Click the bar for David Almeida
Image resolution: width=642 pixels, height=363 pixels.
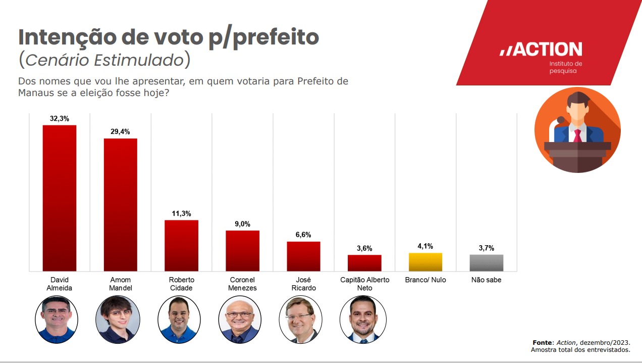point(59,198)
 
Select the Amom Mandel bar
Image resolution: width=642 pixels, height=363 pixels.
point(120,204)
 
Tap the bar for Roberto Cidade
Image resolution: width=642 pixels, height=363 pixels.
point(181,245)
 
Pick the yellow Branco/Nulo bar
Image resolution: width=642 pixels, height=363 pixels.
point(425,262)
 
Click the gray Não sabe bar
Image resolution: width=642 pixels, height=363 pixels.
point(487,262)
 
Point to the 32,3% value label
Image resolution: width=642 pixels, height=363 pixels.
point(60,118)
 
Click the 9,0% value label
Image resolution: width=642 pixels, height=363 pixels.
point(242,224)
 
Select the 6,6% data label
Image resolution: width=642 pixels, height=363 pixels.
point(303,235)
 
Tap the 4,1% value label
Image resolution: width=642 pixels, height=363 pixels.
point(425,246)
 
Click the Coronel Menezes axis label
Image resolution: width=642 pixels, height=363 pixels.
point(242,284)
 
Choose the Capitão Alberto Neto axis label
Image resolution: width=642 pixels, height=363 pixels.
point(364,284)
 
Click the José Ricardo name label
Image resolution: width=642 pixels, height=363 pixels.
point(303,284)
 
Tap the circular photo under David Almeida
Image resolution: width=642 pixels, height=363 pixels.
point(57,320)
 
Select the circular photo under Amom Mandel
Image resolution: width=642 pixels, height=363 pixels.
point(118,320)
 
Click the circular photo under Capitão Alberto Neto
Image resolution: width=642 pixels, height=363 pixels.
point(363,320)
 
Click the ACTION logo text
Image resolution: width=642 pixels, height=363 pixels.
point(541,50)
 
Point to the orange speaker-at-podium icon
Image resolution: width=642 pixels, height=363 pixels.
point(577,130)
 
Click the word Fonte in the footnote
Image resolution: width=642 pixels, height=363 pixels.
point(543,342)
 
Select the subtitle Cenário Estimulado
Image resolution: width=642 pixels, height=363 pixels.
point(104,60)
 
